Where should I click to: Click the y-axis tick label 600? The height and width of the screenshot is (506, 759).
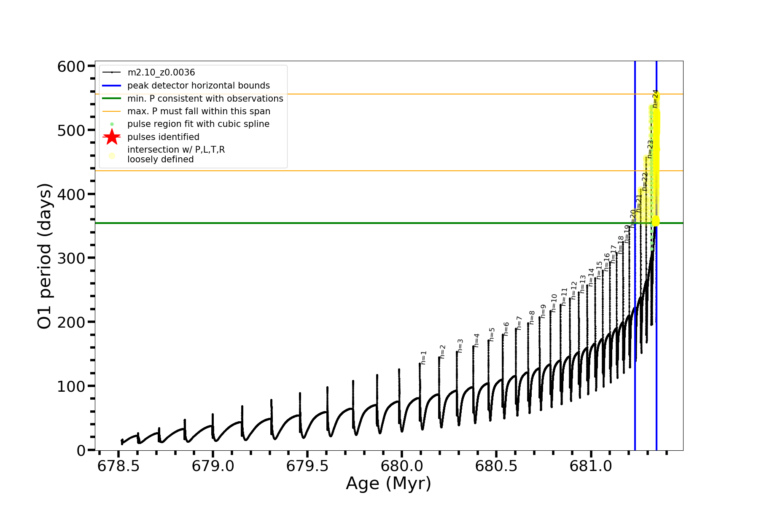click(x=71, y=67)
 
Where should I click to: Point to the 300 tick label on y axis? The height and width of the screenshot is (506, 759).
click(x=71, y=258)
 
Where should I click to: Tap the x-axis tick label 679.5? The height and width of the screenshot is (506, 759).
click(x=307, y=466)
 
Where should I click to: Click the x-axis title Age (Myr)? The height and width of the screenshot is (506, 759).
click(x=388, y=484)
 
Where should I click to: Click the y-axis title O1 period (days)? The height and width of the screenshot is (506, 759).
click(x=45, y=256)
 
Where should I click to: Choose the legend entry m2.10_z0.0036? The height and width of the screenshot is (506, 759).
click(x=161, y=73)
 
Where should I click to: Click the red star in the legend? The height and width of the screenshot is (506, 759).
click(x=112, y=137)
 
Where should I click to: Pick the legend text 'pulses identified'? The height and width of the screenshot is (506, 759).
click(x=163, y=137)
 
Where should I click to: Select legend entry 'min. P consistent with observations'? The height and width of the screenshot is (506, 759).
click(x=205, y=99)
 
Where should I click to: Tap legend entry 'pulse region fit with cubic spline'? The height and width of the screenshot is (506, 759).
click(x=198, y=124)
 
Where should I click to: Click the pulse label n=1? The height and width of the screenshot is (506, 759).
click(x=424, y=357)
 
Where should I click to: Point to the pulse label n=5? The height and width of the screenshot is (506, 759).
click(x=492, y=334)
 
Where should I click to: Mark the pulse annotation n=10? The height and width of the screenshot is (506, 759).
click(x=554, y=303)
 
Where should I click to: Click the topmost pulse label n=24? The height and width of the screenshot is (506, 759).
click(x=655, y=99)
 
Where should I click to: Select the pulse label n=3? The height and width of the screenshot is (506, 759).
click(x=460, y=345)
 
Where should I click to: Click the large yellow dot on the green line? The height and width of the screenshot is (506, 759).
click(x=655, y=221)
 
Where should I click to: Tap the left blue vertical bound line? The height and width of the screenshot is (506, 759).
click(x=635, y=337)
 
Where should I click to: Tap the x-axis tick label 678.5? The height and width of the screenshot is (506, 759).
click(x=118, y=466)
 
